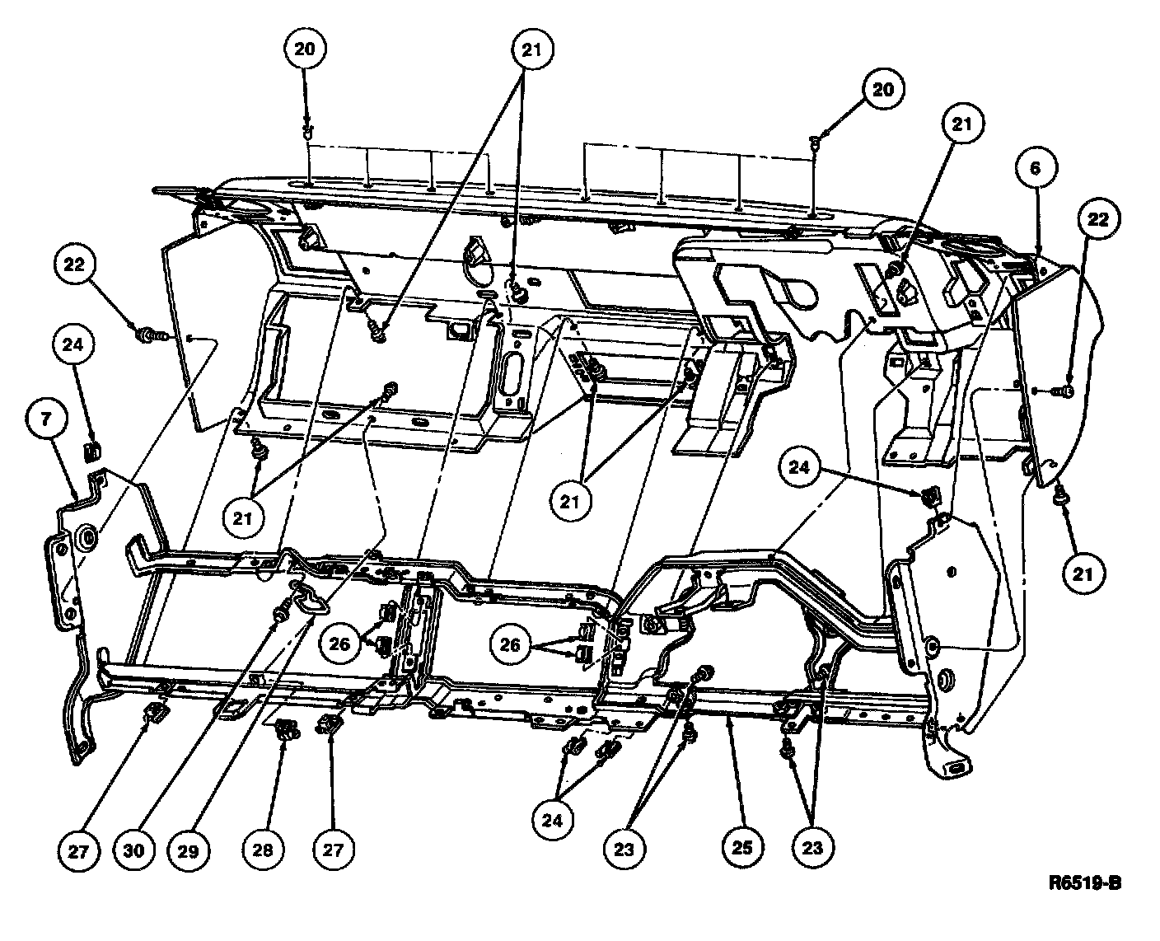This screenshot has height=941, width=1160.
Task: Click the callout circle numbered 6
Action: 1036,168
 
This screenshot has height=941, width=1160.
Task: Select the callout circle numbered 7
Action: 46,419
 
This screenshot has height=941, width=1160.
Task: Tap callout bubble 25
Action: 742,847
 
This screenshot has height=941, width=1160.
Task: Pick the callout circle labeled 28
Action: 263,850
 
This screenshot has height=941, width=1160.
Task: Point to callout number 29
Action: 189,850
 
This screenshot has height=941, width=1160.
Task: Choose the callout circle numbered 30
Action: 133,850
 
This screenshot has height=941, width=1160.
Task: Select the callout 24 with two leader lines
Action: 552,821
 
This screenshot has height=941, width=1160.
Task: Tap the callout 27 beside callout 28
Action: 334,850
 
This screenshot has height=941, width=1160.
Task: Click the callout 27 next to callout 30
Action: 78,851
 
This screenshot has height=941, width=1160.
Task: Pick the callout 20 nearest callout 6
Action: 883,89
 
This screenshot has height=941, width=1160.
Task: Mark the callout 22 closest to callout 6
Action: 1098,219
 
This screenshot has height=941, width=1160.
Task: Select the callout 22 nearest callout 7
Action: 75,265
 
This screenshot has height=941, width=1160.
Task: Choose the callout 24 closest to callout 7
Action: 73,344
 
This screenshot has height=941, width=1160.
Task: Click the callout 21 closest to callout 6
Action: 962,124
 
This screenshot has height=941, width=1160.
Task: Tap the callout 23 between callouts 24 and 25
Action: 624,849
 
